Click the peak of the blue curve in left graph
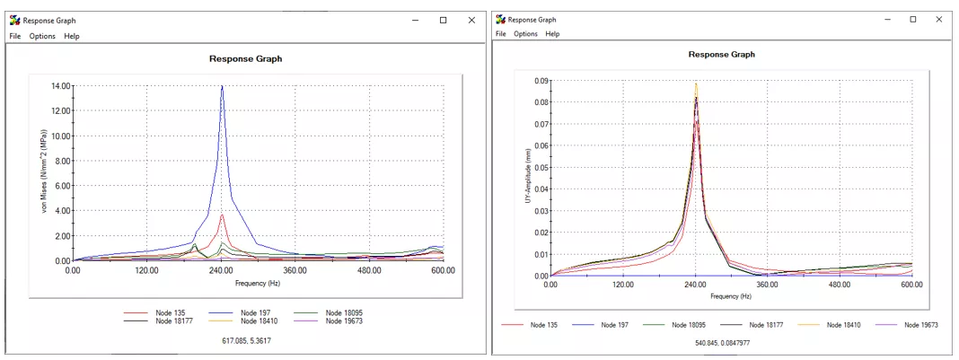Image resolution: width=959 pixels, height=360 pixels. [222, 86]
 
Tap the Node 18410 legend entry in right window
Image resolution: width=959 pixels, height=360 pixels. [843, 324]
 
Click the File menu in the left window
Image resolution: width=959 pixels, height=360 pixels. [14, 36]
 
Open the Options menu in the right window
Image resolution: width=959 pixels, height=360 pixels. [525, 34]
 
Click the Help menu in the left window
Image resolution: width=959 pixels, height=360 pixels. [72, 36]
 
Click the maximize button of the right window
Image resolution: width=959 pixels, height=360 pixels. [912, 19]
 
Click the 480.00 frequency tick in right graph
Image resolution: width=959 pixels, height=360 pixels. [840, 285]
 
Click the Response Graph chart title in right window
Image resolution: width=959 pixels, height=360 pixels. [721, 54]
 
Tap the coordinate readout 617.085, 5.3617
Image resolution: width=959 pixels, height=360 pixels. [246, 340]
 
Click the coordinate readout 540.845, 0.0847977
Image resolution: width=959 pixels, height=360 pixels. [723, 341]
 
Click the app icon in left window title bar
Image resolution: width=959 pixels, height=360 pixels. [14, 20]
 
